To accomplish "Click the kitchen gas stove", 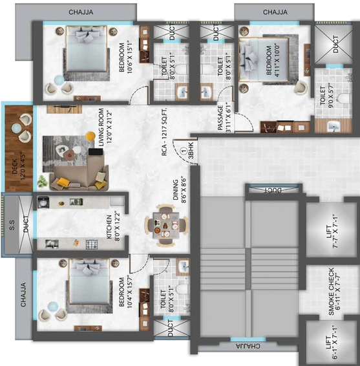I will (92, 244).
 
